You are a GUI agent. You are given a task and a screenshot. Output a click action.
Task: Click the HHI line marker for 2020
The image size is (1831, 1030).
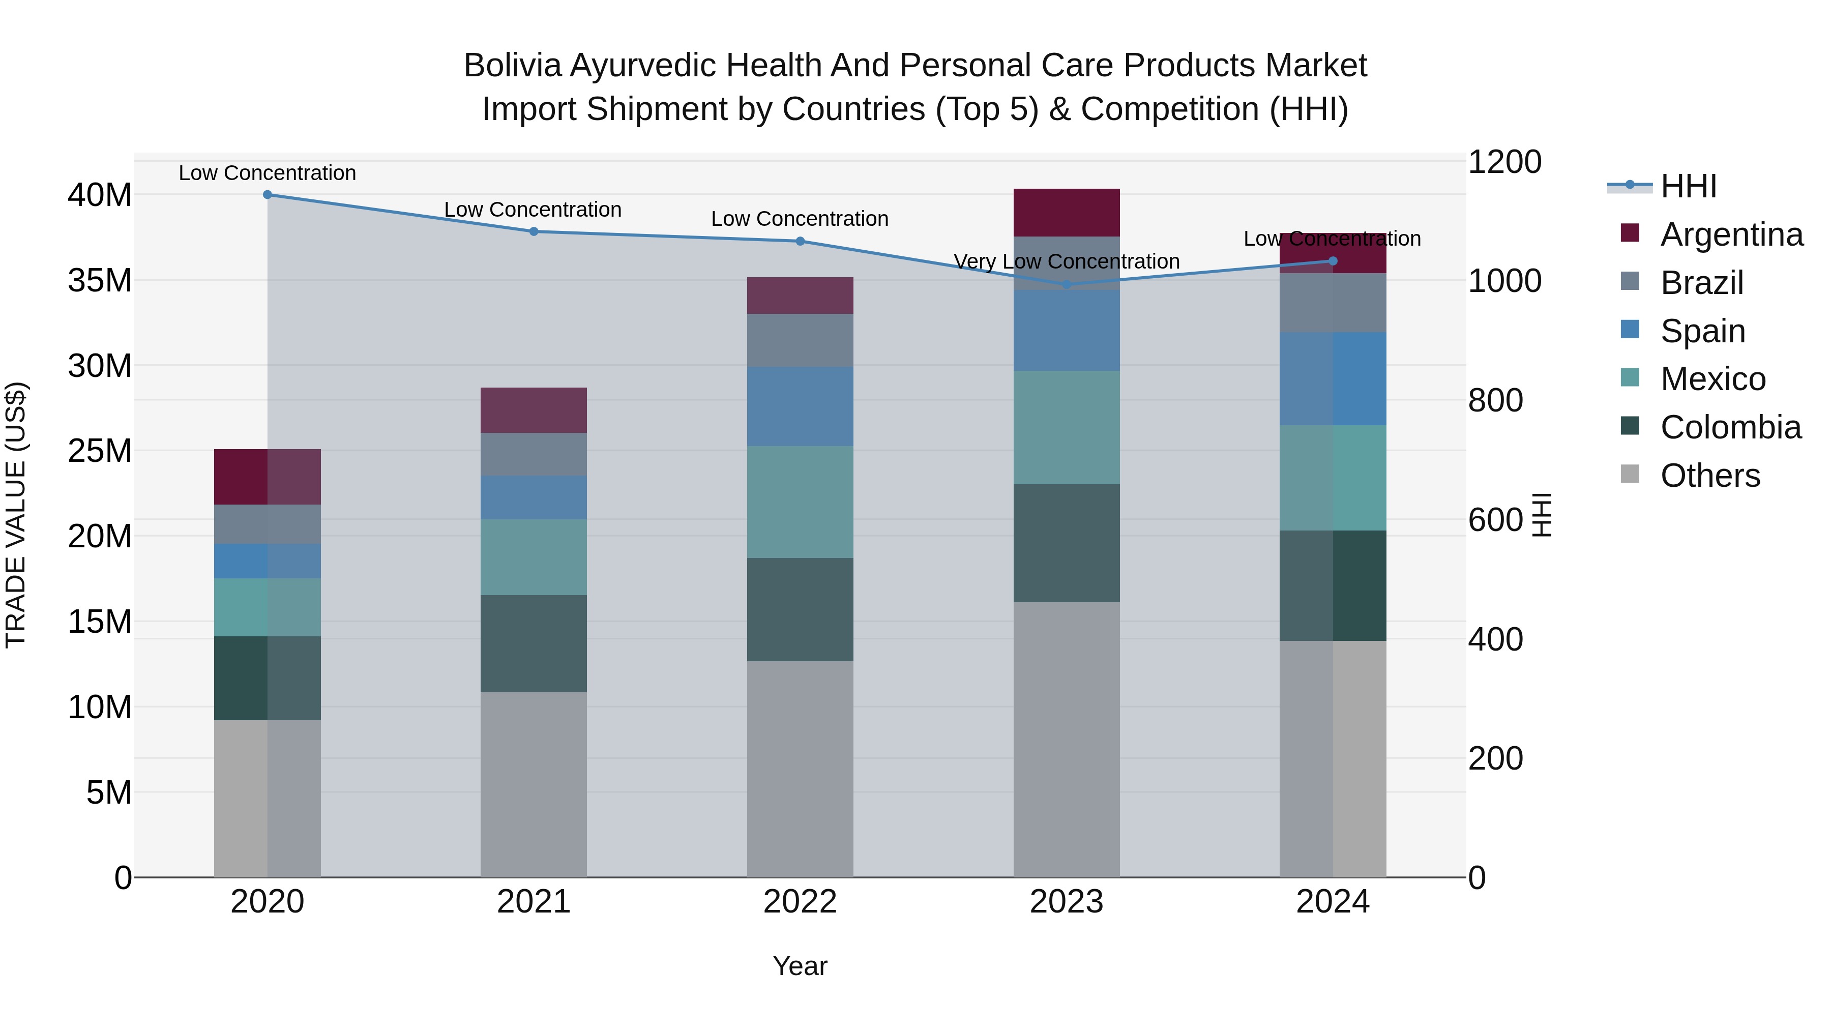pyautogui.click(x=267, y=195)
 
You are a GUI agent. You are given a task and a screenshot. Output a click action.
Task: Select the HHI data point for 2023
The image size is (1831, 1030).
pyautogui.click(x=1066, y=285)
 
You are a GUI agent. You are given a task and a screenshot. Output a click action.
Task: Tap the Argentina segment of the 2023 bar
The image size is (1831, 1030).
pyautogui.click(x=1066, y=213)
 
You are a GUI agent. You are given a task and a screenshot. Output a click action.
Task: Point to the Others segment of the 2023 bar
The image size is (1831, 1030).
pyautogui.click(x=1066, y=739)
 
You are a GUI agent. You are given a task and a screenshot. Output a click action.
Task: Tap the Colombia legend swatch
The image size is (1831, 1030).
pyautogui.click(x=1630, y=427)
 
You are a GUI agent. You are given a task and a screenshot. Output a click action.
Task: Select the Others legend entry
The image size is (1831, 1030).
pyautogui.click(x=1710, y=476)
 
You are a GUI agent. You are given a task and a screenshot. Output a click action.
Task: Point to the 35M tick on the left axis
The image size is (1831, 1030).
pyautogui.click(x=100, y=281)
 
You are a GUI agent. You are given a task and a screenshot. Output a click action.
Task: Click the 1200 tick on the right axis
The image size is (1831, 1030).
pyautogui.click(x=1504, y=162)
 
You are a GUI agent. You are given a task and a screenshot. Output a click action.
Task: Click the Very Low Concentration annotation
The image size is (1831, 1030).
pyautogui.click(x=1066, y=261)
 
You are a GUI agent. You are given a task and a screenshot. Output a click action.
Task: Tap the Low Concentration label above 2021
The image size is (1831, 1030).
pyautogui.click(x=533, y=210)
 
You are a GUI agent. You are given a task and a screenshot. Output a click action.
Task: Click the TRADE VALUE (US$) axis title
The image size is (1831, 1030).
pyautogui.click(x=16, y=515)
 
